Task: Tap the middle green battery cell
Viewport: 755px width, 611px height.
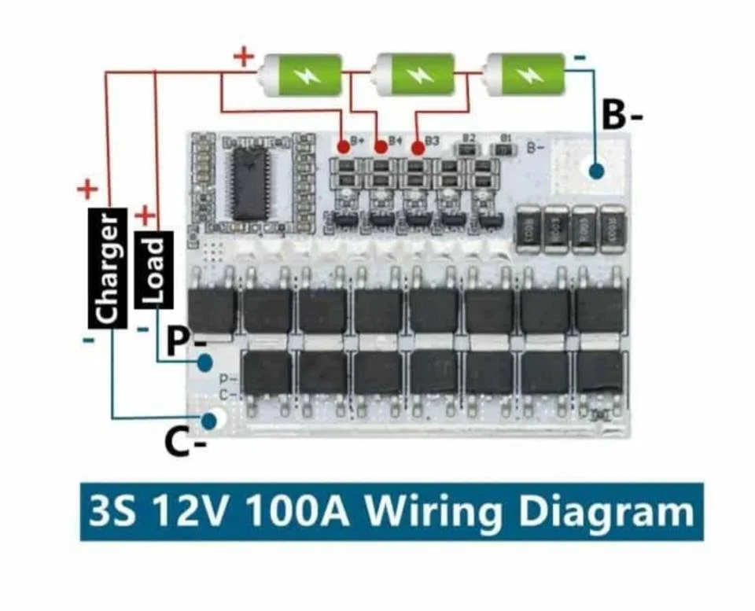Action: click(x=414, y=75)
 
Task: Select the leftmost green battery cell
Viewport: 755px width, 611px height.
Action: click(x=302, y=75)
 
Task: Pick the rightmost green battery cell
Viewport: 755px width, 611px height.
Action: click(x=525, y=75)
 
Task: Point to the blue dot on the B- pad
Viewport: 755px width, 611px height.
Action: click(x=595, y=170)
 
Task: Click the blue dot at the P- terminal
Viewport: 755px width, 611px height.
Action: click(x=206, y=363)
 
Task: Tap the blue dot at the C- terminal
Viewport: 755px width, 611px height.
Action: click(x=209, y=421)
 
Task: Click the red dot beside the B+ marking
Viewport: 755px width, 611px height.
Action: click(x=343, y=146)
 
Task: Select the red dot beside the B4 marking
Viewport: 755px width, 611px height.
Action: click(x=381, y=146)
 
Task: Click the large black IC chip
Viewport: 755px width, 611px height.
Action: click(x=250, y=182)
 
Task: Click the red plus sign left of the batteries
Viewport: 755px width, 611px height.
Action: click(x=245, y=57)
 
